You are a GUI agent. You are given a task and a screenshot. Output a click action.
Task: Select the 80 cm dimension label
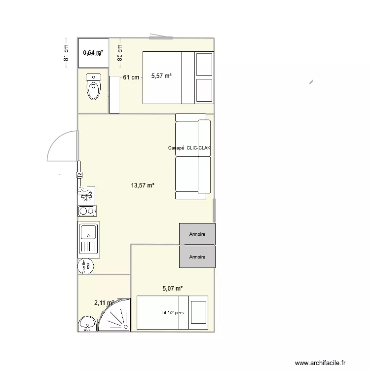119,53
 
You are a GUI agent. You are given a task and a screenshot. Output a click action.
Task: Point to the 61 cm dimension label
131,77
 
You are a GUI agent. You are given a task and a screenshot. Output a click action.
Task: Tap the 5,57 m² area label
161,76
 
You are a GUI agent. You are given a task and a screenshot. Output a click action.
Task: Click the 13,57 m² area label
143,185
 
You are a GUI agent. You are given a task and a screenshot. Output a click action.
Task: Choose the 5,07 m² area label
173,289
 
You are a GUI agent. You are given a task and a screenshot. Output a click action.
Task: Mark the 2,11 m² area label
104,303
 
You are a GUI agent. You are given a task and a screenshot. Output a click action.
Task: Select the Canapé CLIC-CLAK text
189,148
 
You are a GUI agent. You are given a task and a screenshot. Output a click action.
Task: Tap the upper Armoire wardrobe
197,234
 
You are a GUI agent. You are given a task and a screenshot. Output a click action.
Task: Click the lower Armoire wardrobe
197,257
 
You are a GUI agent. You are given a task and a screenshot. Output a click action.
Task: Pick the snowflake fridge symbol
87,195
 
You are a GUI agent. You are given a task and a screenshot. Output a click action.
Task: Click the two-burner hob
87,211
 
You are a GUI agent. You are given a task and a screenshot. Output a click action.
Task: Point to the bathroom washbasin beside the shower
87,324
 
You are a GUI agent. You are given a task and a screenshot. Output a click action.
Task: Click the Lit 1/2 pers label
172,312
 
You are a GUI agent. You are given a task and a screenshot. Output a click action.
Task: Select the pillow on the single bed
198,312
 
